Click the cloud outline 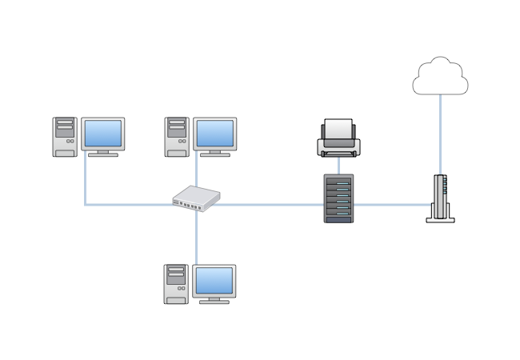click(439, 77)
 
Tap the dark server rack click(338, 198)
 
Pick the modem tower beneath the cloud click(439, 197)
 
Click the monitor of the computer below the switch click(214, 281)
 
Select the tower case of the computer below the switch click(176, 284)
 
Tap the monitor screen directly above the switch click(215, 133)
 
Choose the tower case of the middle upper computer click(177, 137)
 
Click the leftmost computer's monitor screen click(103, 133)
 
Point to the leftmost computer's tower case click(65, 137)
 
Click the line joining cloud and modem click(439, 132)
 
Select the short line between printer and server click(338, 165)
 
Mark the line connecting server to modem click(392, 205)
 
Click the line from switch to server click(268, 205)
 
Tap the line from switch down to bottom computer click(195, 236)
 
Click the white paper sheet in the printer click(338, 128)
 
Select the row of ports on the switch click(190, 206)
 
